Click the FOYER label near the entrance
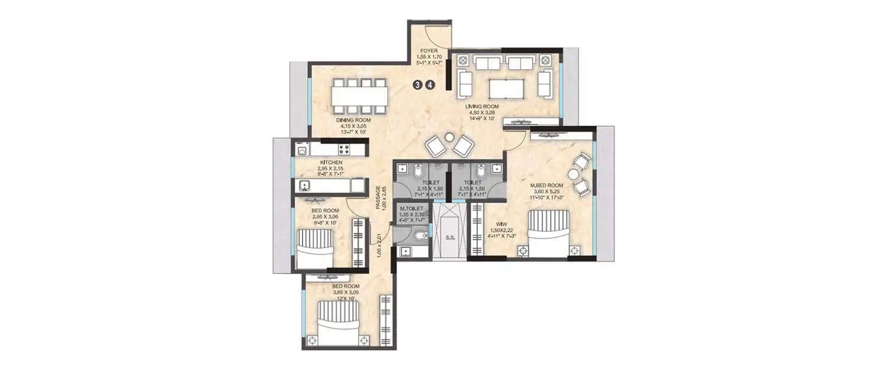pyautogui.click(x=428, y=51)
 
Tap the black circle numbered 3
pyautogui.click(x=418, y=85)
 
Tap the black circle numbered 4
pyautogui.click(x=430, y=85)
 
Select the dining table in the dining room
pyautogui.click(x=359, y=95)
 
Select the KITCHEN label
pyautogui.click(x=330, y=162)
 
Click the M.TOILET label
pyautogui.click(x=411, y=209)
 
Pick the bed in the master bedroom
pyautogui.click(x=549, y=233)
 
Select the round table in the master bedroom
pyautogui.click(x=574, y=174)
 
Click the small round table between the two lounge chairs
pyautogui.click(x=449, y=138)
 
